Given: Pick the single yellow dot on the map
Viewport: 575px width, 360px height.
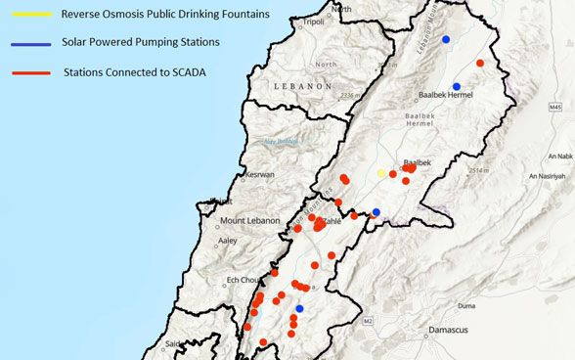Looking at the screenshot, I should click(x=381, y=173).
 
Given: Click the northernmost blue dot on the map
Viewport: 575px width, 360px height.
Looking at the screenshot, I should click(x=446, y=39).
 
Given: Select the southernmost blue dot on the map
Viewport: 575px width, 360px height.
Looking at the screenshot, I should click(x=299, y=309).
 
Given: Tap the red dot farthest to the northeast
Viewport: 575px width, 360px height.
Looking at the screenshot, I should click(x=480, y=63).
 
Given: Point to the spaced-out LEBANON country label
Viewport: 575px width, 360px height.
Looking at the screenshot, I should click(x=304, y=86).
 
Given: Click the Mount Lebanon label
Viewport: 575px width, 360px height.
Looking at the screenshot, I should click(x=252, y=221).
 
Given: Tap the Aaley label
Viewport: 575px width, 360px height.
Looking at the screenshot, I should click(x=227, y=240).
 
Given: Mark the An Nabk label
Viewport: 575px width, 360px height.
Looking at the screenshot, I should click(x=559, y=156).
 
